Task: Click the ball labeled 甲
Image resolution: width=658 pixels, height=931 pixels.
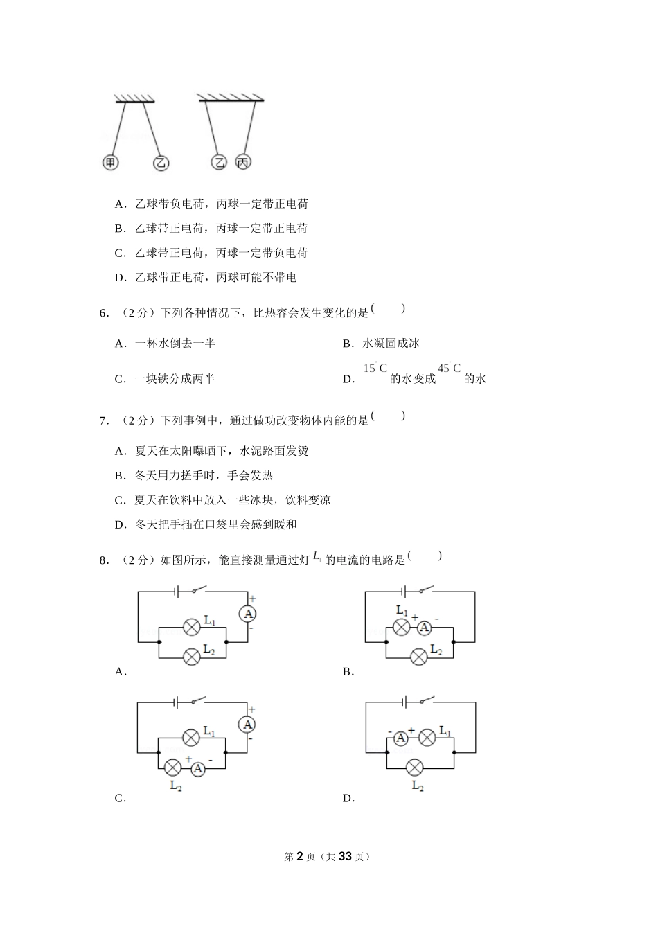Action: coord(110,163)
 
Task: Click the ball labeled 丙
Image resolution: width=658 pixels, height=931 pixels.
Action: coord(243,162)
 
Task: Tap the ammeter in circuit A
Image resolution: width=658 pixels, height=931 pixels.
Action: coord(248,614)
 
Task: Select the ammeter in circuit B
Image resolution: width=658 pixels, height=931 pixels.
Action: coord(423,628)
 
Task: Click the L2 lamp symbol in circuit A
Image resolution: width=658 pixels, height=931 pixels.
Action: coord(191,656)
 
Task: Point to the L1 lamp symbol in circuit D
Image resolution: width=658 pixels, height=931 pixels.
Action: coord(427,738)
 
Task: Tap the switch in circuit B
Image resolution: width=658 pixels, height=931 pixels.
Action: coord(424,590)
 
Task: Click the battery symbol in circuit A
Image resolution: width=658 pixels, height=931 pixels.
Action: coord(177,591)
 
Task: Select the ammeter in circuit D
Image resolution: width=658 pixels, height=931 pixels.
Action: coord(400,738)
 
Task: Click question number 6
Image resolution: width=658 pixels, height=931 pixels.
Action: coord(104,313)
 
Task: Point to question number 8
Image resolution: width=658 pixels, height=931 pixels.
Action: coord(104,560)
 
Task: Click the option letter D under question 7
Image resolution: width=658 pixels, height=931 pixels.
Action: coord(119,525)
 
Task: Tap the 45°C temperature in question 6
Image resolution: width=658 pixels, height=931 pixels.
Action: coord(449,369)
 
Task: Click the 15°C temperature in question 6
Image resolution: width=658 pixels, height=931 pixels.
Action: coord(375,369)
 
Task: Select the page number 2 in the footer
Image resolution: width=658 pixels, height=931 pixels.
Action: coord(299,856)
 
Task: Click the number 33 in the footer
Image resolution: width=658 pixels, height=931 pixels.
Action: coord(346,856)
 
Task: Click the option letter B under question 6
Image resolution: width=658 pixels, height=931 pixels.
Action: coord(347,344)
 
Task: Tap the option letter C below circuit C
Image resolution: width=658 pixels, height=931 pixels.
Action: coord(119,798)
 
